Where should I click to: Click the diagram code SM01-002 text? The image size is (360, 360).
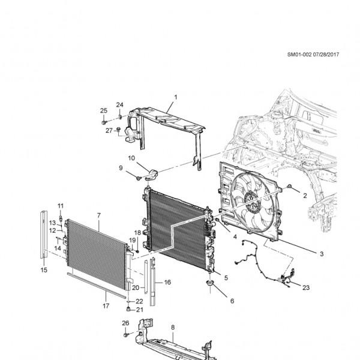click(x=299, y=55)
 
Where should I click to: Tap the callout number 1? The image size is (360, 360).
click(x=176, y=97)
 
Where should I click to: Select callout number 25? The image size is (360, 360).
click(x=104, y=110)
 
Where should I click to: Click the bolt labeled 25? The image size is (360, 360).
click(x=104, y=122)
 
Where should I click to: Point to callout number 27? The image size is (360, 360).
click(x=109, y=130)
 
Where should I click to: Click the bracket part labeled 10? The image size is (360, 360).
click(x=152, y=174)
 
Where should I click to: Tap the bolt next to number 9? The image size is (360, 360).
click(x=139, y=178)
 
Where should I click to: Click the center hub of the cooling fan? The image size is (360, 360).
click(x=251, y=199)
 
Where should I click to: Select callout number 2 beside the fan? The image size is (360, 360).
click(x=305, y=196)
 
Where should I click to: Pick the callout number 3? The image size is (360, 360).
click(x=322, y=254)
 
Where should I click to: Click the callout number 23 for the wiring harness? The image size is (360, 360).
click(x=306, y=287)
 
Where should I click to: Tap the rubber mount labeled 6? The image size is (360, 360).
click(x=210, y=283)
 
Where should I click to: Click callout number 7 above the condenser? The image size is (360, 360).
click(x=99, y=215)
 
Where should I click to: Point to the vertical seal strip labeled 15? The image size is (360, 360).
click(x=44, y=235)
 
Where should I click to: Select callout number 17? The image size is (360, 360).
click(x=106, y=306)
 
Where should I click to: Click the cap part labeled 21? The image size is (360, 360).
click(x=128, y=309)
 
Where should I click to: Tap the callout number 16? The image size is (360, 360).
click(x=167, y=282)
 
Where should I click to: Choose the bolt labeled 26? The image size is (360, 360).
click(x=125, y=335)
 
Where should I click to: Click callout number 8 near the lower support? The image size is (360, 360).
click(x=173, y=328)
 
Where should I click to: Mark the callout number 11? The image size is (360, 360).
click(x=61, y=206)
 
